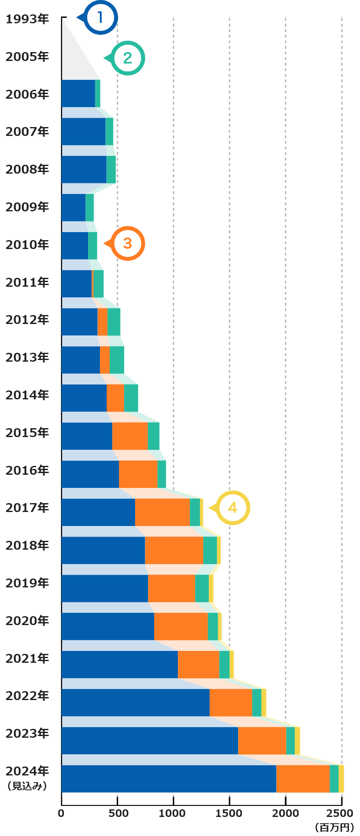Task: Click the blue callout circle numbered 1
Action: pos(100,18)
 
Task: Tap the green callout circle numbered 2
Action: pos(127,58)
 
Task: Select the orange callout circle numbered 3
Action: pos(127,244)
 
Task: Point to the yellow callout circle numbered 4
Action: pos(233,508)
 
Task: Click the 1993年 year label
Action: pos(27,19)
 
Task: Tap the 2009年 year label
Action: pos(27,207)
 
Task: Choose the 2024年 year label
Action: pos(27,771)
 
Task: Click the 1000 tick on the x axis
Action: pos(173,813)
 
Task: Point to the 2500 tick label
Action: pos(340,813)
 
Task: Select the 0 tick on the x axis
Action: pos(61,813)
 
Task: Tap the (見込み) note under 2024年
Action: pos(27,786)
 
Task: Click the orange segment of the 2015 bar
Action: pos(130,436)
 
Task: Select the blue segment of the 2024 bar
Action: pos(169,779)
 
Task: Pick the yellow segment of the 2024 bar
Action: pos(341,779)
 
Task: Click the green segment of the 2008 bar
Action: pos(111,169)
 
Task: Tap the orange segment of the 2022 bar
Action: pos(231,703)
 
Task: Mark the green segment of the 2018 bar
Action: pos(210,551)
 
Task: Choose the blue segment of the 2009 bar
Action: pos(74,208)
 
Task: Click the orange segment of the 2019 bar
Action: pos(171,588)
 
